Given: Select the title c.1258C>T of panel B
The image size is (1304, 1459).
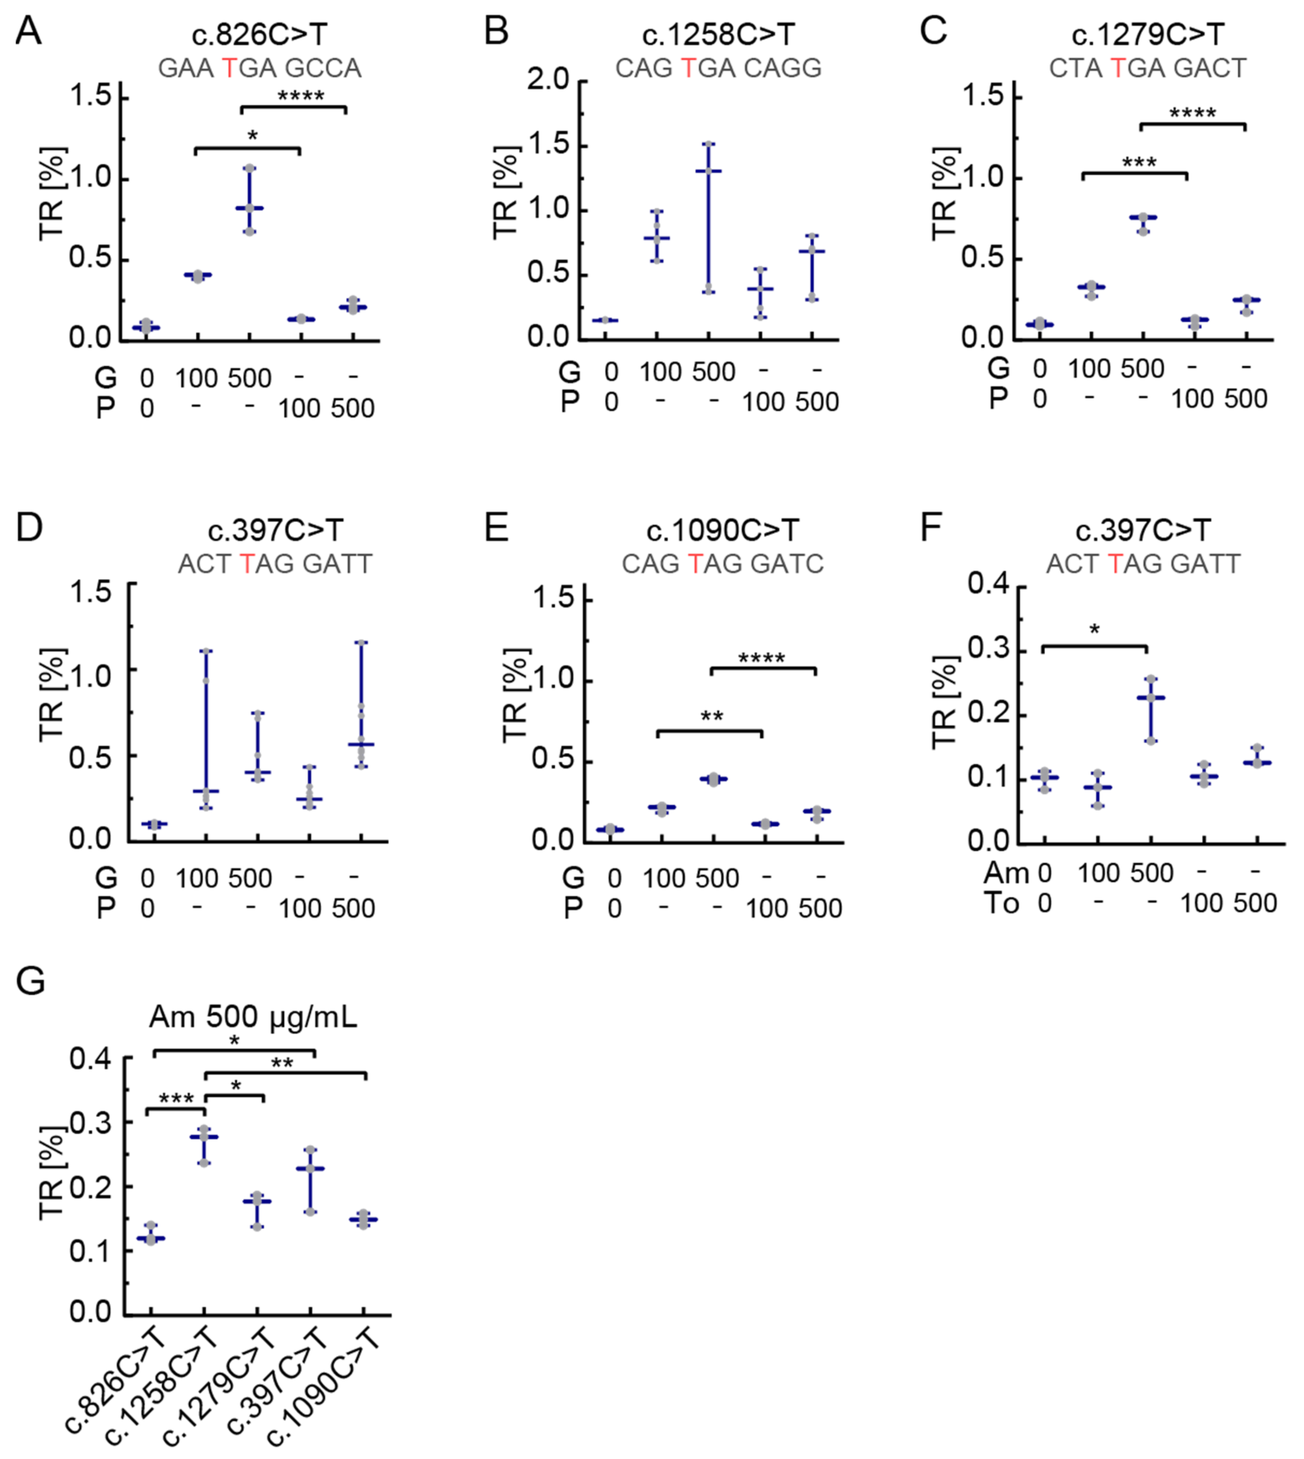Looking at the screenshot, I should [718, 34].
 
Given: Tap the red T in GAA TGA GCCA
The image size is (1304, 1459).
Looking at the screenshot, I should [229, 68].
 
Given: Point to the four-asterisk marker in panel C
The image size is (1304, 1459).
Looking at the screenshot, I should [1192, 114].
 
